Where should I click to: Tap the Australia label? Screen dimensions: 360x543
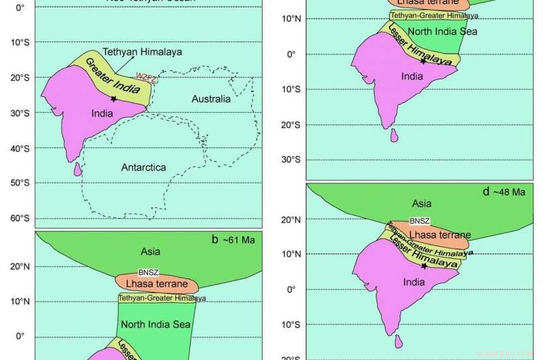point(211,99)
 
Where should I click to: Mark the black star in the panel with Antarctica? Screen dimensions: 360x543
point(113,99)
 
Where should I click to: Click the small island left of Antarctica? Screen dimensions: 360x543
point(77,168)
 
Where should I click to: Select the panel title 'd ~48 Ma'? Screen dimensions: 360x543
point(504,192)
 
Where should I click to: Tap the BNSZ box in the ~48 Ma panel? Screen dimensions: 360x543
point(418,222)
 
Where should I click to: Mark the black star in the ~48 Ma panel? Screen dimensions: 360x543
point(424,266)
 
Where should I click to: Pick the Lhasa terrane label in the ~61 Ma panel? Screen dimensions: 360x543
point(157,282)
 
